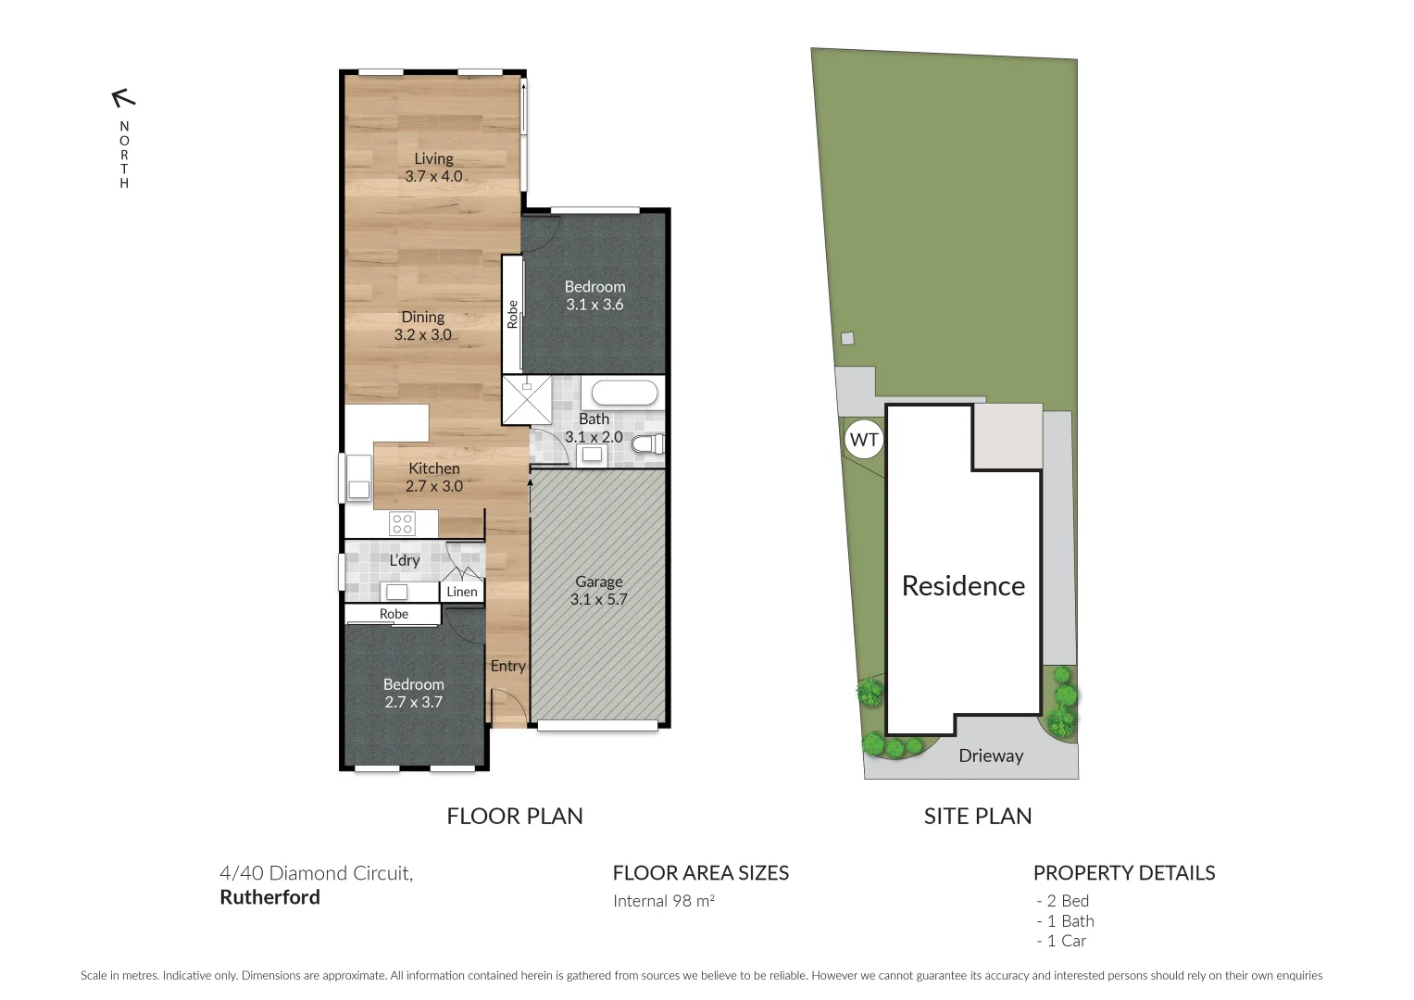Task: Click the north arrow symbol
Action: pyautogui.click(x=123, y=97)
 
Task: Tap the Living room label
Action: pyautogui.click(x=433, y=168)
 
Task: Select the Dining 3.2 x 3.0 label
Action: pyautogui.click(x=423, y=326)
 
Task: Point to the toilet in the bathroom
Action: pyautogui.click(x=646, y=444)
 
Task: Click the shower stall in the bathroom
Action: pyautogui.click(x=526, y=400)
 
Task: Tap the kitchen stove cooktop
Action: pyautogui.click(x=403, y=524)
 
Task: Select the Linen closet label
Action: pyautogui.click(x=462, y=592)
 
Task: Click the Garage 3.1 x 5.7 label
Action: pyautogui.click(x=598, y=591)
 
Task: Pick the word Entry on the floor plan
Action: pyautogui.click(x=507, y=666)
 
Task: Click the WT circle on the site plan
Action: pyautogui.click(x=864, y=439)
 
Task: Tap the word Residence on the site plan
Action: pyautogui.click(x=963, y=586)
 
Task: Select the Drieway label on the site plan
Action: pyautogui.click(x=991, y=756)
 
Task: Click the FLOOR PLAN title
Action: pyautogui.click(x=515, y=816)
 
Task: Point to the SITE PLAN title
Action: pyautogui.click(x=978, y=816)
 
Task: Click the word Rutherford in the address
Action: pyautogui.click(x=269, y=897)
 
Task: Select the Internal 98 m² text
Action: pyautogui.click(x=664, y=901)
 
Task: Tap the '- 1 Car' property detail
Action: pyautogui.click(x=1061, y=941)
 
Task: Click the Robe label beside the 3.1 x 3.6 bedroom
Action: pyautogui.click(x=512, y=314)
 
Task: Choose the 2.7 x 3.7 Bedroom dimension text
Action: pyautogui.click(x=414, y=702)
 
